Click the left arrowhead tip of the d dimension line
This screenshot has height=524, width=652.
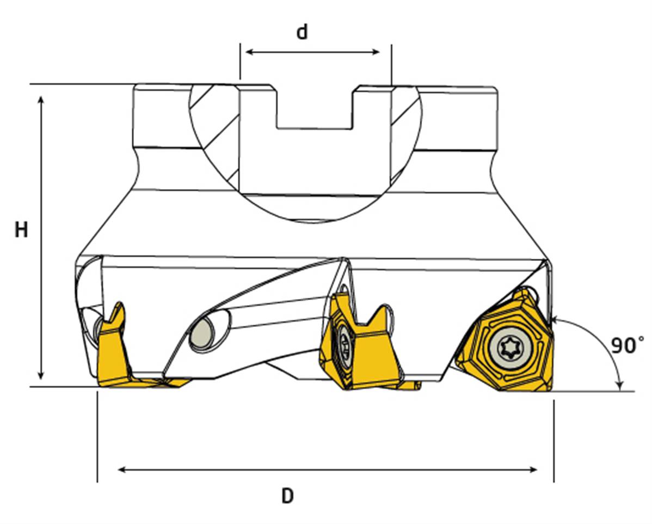pos(245,52)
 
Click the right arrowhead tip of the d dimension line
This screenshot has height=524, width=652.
pos(380,52)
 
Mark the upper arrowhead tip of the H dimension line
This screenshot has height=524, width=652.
pos(41,96)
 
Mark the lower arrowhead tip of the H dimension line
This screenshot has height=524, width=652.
pos(41,380)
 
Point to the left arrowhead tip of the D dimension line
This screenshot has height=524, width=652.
pos(118,470)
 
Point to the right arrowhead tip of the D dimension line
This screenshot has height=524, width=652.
pos(537,470)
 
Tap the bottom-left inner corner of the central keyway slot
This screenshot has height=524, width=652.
pos(278,127)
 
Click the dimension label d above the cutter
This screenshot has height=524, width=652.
pos(302,32)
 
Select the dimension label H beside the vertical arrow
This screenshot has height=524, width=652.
pos(21,229)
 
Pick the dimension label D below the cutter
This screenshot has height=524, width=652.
pos(287,496)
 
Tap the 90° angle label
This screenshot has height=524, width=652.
pos(628,345)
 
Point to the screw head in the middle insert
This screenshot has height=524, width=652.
pos(345,344)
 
